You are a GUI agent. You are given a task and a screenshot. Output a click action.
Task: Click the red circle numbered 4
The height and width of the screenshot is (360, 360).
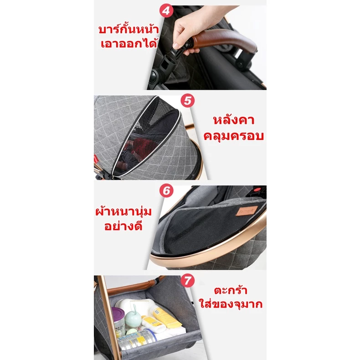click(x=166, y=10)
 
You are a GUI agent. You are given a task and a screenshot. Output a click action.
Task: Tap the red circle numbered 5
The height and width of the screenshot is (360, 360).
click(x=188, y=100)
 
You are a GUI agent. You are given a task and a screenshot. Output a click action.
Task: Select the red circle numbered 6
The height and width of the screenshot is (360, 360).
click(x=166, y=190)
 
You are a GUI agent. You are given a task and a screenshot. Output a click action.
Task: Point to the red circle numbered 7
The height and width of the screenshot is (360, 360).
click(x=188, y=280)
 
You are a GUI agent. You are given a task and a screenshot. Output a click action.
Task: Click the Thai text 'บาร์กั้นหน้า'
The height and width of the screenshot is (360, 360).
click(x=129, y=29)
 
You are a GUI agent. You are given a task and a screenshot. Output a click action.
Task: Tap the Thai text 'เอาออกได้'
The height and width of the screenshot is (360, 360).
click(x=129, y=43)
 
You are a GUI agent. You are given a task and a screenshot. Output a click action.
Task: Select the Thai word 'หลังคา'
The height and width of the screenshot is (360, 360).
click(x=234, y=119)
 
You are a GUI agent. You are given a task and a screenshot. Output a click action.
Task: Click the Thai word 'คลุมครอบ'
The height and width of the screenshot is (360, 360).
click(x=234, y=135)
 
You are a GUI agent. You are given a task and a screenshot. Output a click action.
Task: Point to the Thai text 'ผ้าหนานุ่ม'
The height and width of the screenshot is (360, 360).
click(x=123, y=211)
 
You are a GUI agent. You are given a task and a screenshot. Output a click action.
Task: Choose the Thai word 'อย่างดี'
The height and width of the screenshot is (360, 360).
click(x=123, y=226)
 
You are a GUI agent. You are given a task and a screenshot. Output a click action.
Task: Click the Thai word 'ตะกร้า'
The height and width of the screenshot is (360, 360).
click(x=231, y=290)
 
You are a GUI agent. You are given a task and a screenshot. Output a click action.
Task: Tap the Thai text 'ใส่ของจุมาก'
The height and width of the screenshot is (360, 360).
click(x=231, y=303)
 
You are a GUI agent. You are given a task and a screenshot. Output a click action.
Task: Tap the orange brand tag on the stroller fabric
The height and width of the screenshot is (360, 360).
click(x=247, y=211)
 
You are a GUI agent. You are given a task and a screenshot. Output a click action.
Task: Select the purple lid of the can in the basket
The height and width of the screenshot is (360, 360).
click(x=118, y=313)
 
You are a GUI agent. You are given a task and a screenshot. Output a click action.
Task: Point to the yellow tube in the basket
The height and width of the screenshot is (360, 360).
click(x=166, y=316)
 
